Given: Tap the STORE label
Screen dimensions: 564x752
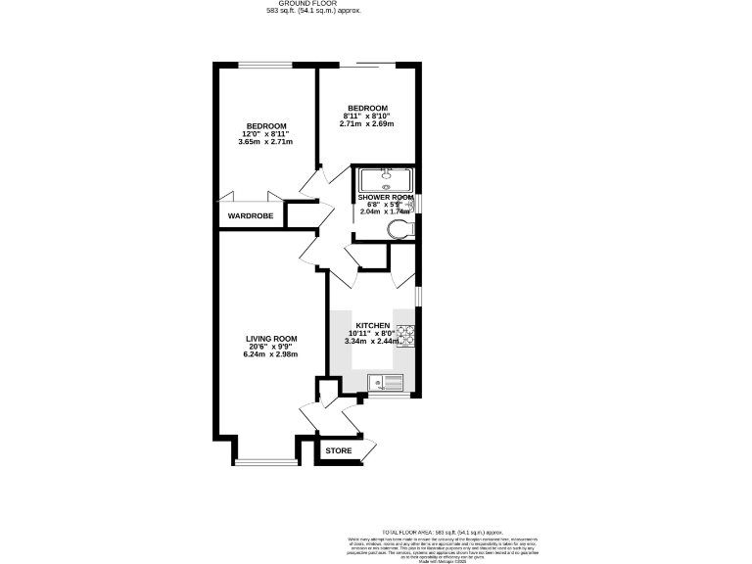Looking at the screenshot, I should click(338, 450).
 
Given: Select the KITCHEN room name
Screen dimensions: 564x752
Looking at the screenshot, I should click(373, 325).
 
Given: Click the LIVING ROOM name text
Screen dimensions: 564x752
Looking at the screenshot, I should click(271, 339).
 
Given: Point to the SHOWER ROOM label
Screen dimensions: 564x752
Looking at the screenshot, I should click(385, 198).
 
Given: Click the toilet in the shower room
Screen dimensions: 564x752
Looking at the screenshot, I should click(399, 229).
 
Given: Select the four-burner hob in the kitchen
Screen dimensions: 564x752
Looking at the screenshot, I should click(403, 336).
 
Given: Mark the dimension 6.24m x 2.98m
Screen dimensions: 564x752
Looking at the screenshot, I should click(271, 354).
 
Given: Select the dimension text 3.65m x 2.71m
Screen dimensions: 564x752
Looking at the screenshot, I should click(265, 142).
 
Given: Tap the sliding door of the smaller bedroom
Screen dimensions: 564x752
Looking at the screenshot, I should click(368, 66).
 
